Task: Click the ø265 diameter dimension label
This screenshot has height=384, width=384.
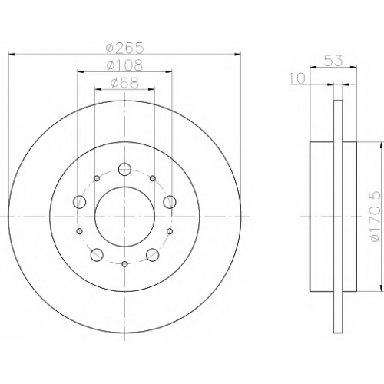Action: [124, 48]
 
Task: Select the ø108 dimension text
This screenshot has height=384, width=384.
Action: [124, 65]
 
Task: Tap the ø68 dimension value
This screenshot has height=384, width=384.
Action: [124, 83]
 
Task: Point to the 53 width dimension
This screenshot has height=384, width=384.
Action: [333, 61]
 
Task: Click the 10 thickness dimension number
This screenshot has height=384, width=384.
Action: [297, 78]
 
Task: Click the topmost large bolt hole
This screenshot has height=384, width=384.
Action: [124, 169]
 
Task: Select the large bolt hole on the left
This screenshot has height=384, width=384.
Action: [79, 202]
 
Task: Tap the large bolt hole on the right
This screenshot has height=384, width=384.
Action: [170, 202]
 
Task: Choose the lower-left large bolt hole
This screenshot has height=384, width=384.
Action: [97, 255]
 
